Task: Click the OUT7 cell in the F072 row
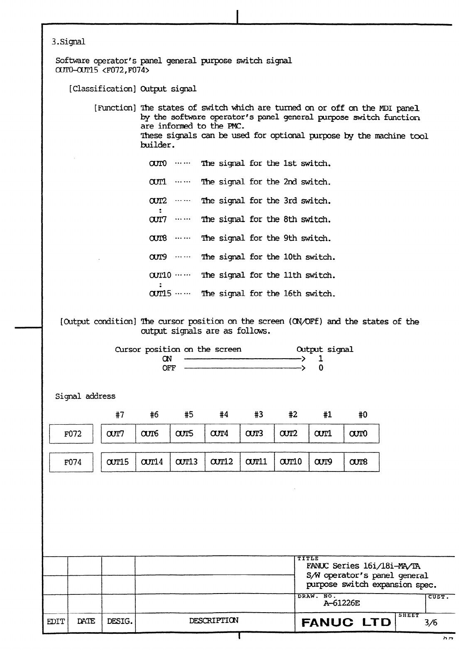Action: coord(118,434)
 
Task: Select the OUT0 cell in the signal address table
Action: coord(361,434)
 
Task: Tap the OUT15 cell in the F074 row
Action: coord(118,462)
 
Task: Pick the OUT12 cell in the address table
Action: coord(222,462)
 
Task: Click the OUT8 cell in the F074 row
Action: coord(361,462)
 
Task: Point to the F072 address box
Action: coord(71,434)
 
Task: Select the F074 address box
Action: coord(71,462)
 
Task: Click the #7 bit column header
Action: coord(120,415)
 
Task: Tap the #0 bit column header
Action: coord(363,415)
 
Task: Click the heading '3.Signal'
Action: coord(68,42)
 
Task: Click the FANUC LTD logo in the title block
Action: coord(346,622)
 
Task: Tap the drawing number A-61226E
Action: coord(341,603)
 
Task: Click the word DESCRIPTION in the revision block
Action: coord(214,621)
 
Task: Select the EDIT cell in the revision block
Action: coord(55,621)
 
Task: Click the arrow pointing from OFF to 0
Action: coord(245,368)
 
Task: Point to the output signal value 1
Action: coord(321,359)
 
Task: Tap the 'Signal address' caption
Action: coord(86,396)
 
